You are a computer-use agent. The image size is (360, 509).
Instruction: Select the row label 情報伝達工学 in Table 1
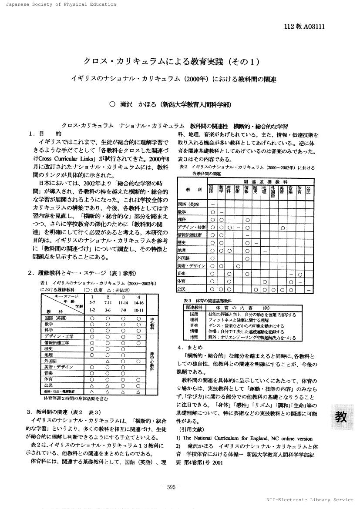click(57, 342)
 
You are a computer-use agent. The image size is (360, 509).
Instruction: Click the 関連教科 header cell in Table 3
click(193, 307)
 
